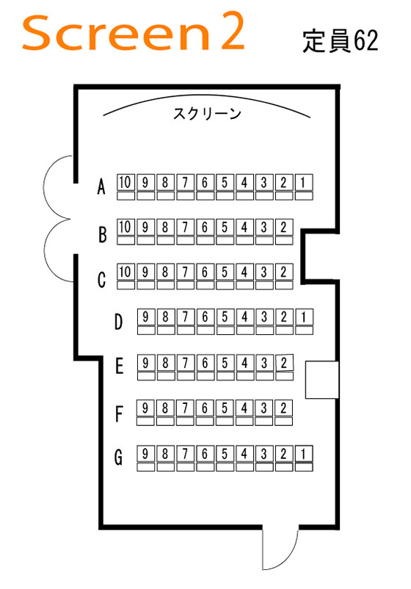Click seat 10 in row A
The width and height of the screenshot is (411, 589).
point(126,187)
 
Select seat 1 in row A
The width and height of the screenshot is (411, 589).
point(304,187)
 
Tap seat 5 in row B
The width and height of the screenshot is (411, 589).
point(225,231)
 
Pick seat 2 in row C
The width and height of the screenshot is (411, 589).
point(284,276)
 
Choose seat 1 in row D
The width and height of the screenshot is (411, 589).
point(304,322)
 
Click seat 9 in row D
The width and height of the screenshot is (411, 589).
point(145,322)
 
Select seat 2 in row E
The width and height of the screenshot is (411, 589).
point(284,367)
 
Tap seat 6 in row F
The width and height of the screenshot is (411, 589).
point(205,413)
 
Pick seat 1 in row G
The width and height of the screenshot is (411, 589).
point(304,458)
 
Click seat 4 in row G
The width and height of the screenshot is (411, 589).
point(244,458)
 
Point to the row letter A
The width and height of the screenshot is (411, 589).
point(101,187)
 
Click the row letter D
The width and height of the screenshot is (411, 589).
point(118,322)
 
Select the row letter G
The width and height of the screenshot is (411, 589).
point(118,458)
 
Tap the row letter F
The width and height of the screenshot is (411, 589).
point(119,414)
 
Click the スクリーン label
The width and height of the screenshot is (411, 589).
point(207,113)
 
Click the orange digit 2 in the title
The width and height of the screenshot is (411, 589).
point(233,31)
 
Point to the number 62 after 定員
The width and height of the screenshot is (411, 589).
point(366,40)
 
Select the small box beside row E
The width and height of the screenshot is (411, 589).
point(322,380)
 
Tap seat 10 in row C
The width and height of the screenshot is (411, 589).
point(126,276)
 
